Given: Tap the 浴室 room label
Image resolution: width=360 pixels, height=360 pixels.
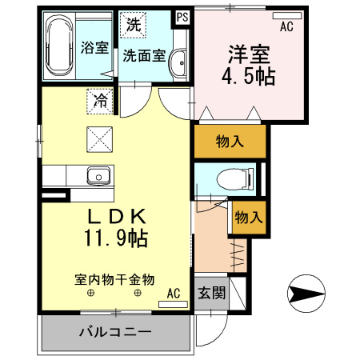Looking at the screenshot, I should coord(94,47).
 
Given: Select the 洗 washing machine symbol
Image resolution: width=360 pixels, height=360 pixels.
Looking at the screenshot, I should coord(134,24).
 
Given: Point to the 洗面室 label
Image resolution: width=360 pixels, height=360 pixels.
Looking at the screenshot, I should coord(144,56).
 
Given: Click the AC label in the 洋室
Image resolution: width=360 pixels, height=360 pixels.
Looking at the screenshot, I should coord(286,26).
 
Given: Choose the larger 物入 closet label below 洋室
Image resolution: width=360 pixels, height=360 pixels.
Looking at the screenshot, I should coord(230,142).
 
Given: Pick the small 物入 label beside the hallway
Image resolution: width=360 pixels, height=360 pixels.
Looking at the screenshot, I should coord(247,216).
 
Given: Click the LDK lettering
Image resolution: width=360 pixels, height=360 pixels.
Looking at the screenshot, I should coord(116,216).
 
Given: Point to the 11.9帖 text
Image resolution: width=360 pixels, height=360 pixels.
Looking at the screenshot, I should coord(116,238).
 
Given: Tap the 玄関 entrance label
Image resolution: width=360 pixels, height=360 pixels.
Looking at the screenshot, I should coord(211,293).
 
